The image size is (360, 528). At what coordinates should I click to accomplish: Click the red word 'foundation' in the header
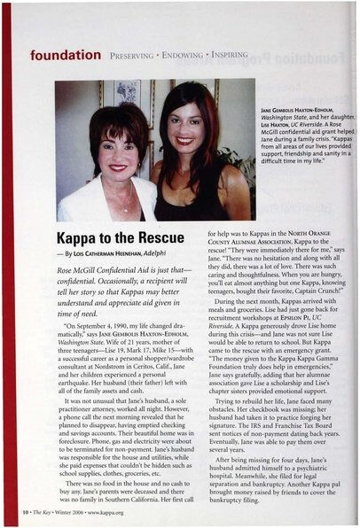click(66, 55)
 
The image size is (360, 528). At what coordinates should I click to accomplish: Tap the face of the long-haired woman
click(184, 128)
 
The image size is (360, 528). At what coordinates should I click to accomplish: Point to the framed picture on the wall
click(127, 92)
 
